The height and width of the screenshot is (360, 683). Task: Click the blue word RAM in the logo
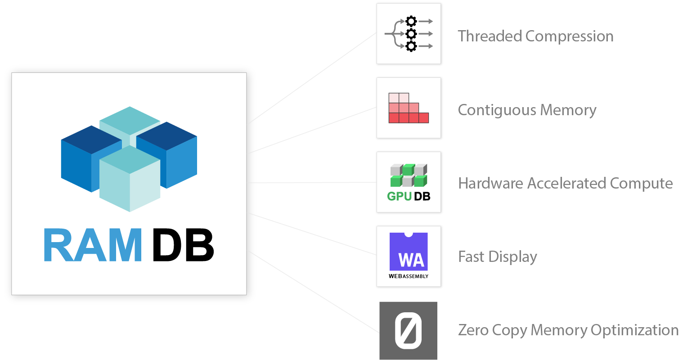point(93,245)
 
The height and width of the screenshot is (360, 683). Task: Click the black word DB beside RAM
point(183,245)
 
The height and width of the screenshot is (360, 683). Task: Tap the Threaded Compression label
point(535,36)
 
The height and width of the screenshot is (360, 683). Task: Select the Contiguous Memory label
point(527,110)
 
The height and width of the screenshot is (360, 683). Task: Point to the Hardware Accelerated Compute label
point(565,184)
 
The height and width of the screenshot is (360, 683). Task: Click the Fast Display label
point(497,257)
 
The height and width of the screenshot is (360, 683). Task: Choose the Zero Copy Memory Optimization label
point(568,330)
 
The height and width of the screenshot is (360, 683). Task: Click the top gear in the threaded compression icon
point(411,21)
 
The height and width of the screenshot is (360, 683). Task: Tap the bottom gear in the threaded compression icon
point(411,46)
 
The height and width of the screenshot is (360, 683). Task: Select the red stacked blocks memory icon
point(408,108)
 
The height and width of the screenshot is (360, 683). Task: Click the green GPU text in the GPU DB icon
point(399,196)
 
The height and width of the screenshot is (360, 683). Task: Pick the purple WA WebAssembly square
point(409,252)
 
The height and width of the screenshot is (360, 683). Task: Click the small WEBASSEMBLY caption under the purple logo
point(409,276)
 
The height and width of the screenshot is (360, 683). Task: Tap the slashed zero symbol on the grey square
point(408,331)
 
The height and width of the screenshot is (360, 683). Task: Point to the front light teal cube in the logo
point(130,180)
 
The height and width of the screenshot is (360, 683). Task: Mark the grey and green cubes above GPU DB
point(409,175)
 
